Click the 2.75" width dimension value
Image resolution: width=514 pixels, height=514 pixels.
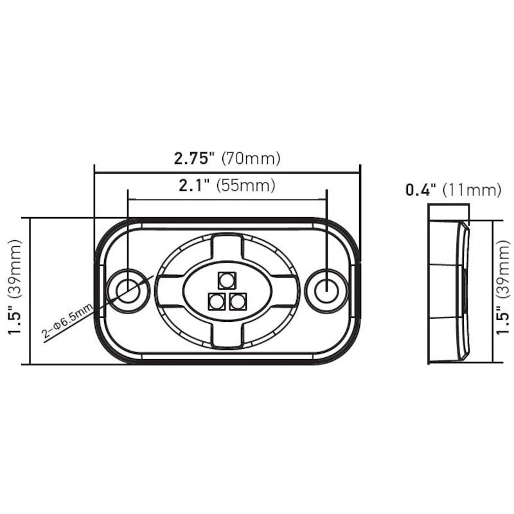pyautogui.click(x=194, y=159)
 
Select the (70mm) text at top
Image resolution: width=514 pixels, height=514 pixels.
pyautogui.click(x=251, y=159)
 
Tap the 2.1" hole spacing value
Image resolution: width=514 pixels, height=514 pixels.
pyautogui.click(x=194, y=186)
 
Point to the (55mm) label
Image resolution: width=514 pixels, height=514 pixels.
pyautogui.click(x=246, y=186)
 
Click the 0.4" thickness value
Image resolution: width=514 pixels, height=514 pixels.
pyautogui.click(x=421, y=190)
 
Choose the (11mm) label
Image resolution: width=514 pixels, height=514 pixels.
pyautogui.click(x=472, y=190)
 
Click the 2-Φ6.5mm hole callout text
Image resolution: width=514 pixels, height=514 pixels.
pyautogui.click(x=67, y=321)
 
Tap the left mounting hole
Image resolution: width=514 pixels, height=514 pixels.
pyautogui.click(x=128, y=291)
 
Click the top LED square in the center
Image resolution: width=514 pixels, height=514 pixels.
pyautogui.click(x=227, y=281)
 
